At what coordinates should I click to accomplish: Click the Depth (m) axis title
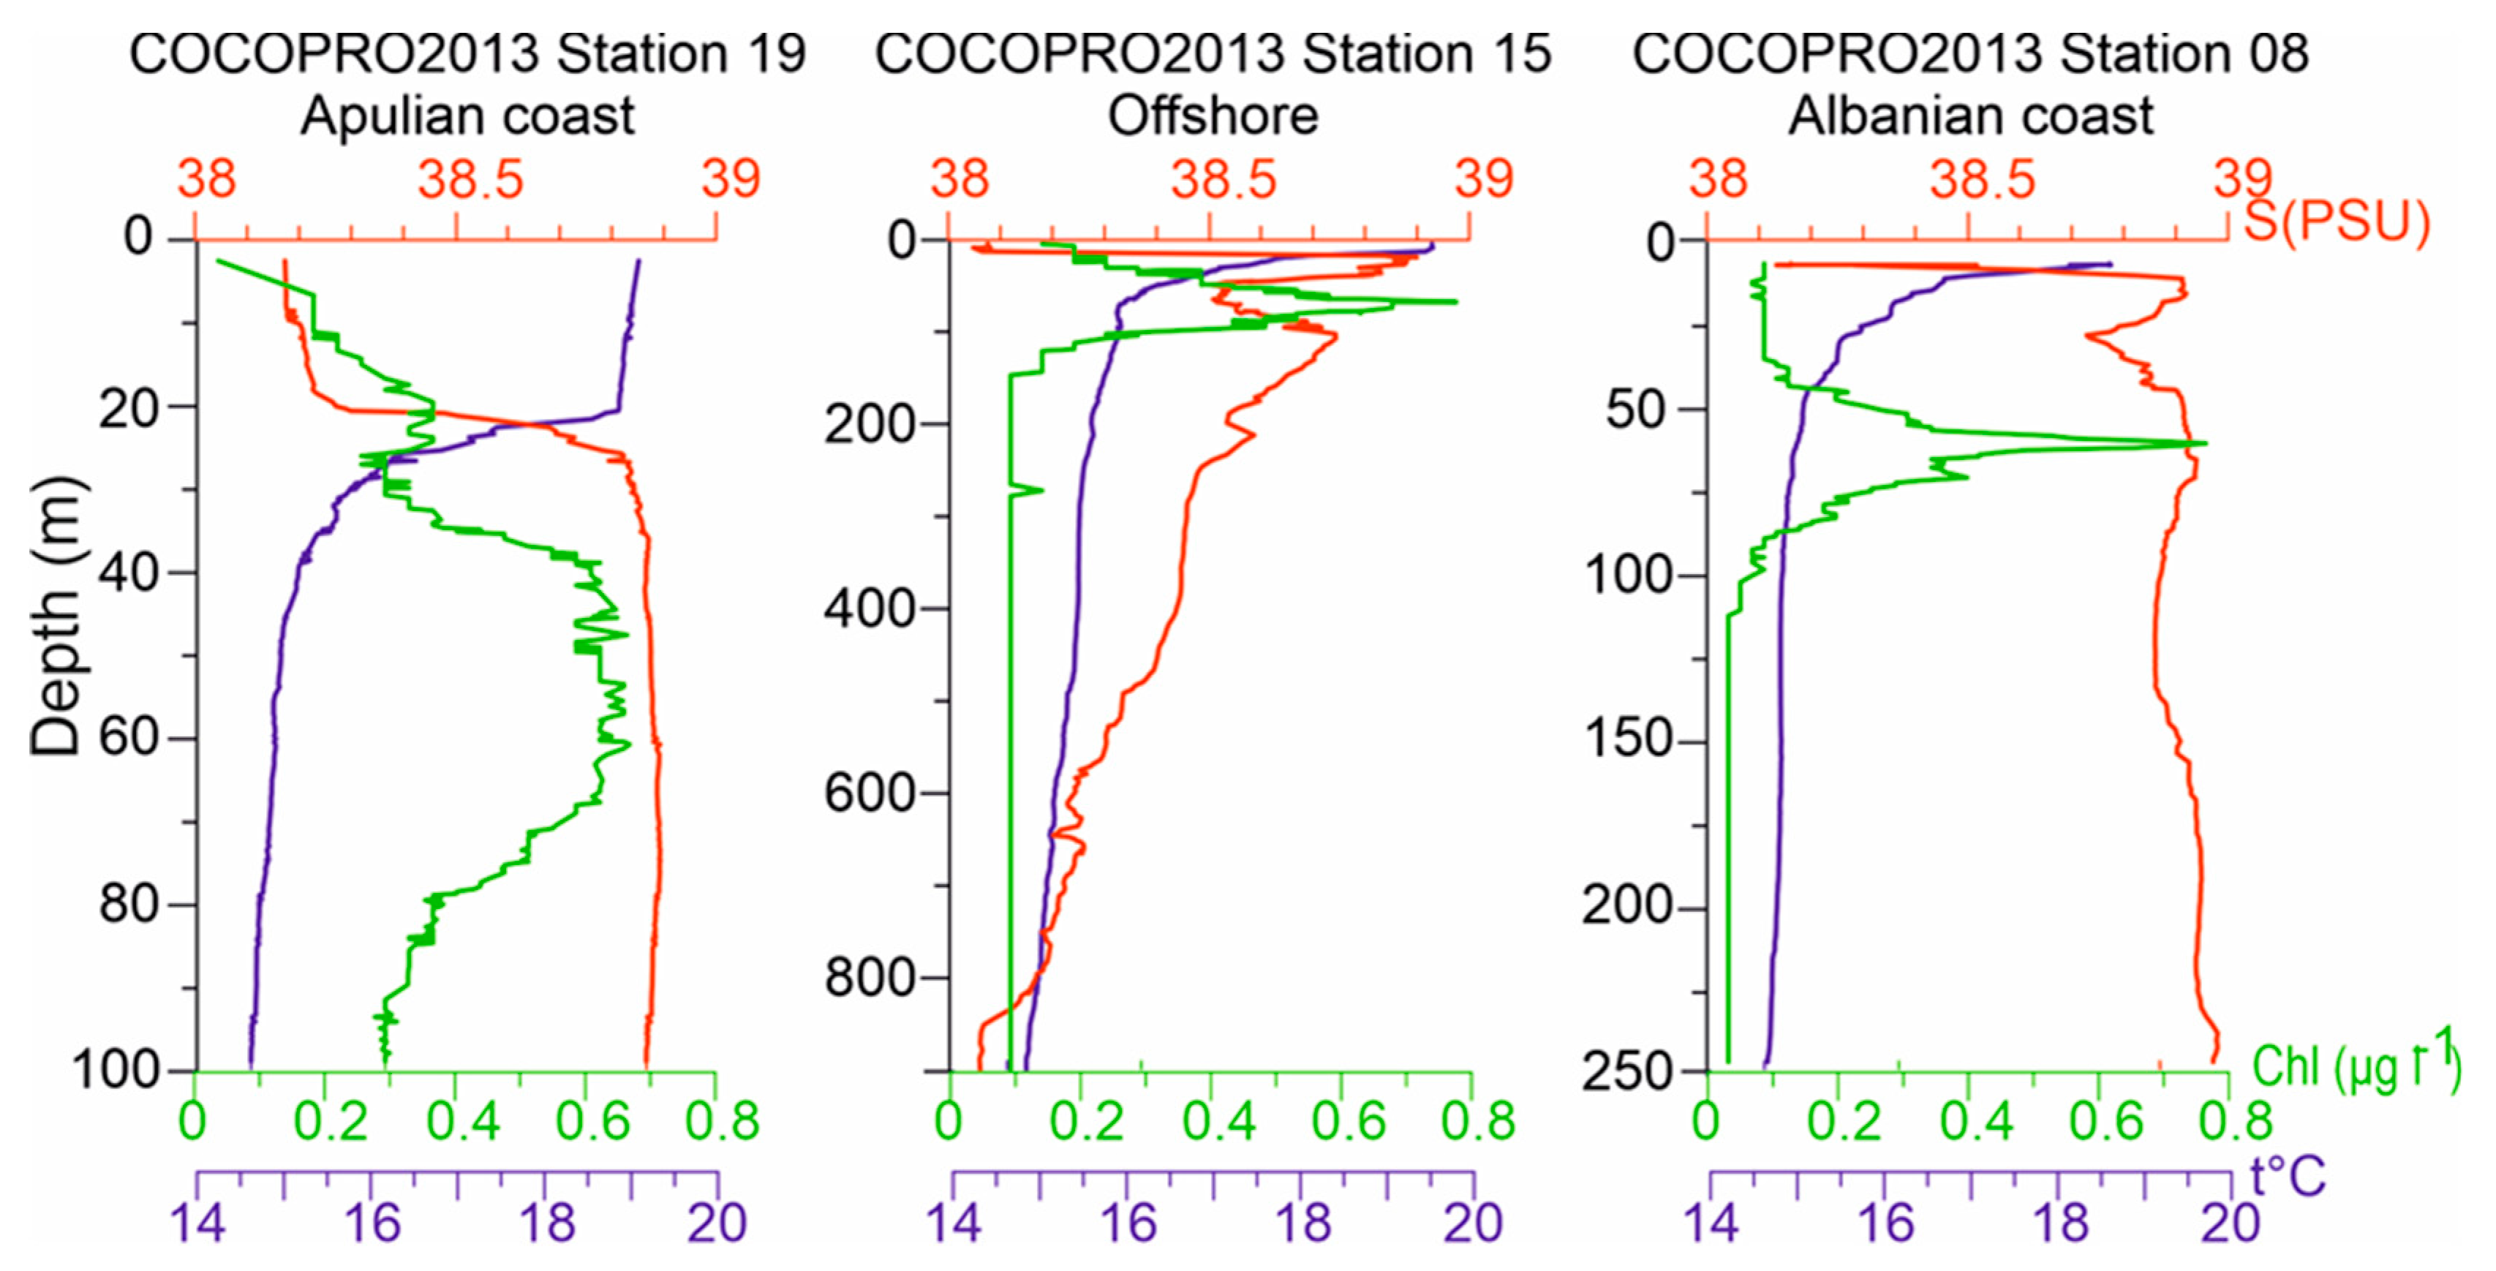click(56, 616)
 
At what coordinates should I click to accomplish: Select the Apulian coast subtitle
click(467, 116)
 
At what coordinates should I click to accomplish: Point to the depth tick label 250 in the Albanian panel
click(1628, 1071)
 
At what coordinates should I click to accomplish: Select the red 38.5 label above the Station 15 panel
click(1224, 180)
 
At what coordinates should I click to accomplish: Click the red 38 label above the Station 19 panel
click(206, 180)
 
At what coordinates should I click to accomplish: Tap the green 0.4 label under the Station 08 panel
click(1977, 1122)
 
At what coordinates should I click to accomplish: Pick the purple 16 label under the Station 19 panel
click(372, 1223)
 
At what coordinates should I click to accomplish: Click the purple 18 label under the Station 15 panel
click(1302, 1223)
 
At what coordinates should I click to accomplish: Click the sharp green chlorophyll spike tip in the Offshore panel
click(1455, 301)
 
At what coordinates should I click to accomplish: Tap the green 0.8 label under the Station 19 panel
click(722, 1122)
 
